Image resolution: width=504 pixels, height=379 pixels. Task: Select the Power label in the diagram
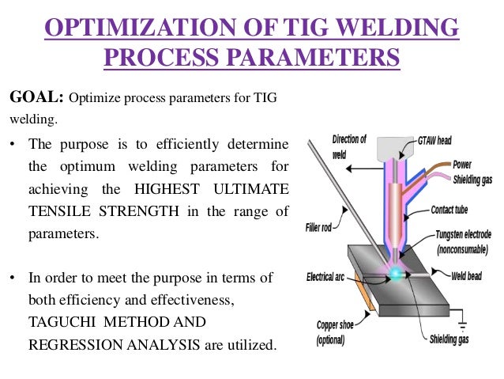(x=463, y=165)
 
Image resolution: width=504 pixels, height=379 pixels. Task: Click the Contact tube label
(x=453, y=210)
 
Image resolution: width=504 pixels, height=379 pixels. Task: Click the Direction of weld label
(x=348, y=145)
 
